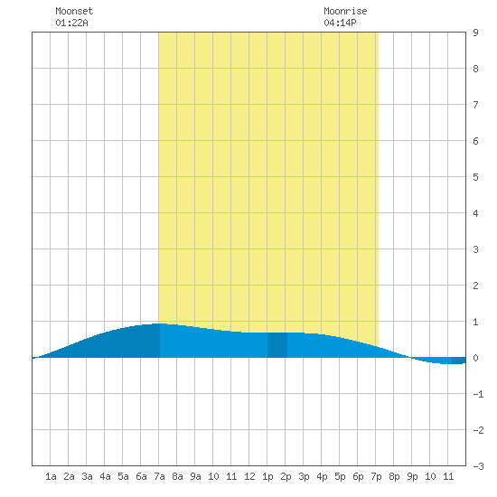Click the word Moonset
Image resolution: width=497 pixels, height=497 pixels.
(x=74, y=11)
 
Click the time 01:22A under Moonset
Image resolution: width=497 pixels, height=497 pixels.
(x=71, y=23)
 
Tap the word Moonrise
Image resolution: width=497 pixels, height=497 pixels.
(x=345, y=11)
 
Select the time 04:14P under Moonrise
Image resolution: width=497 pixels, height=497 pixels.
(x=340, y=23)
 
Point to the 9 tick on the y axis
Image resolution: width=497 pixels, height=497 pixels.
(x=475, y=33)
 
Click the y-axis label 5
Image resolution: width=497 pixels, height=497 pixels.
(x=475, y=177)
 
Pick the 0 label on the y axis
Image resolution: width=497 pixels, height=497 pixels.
(x=475, y=358)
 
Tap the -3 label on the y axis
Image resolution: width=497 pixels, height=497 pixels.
(x=479, y=466)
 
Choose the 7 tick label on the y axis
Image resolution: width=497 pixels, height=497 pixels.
(x=475, y=105)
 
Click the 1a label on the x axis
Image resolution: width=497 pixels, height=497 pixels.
(x=51, y=476)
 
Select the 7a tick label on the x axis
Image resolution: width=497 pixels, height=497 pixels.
(x=159, y=476)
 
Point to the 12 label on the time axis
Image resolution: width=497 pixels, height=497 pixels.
(x=249, y=476)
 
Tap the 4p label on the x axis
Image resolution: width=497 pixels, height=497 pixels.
(x=322, y=476)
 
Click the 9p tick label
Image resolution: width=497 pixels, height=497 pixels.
(x=412, y=476)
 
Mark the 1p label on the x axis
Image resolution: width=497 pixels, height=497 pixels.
(x=267, y=476)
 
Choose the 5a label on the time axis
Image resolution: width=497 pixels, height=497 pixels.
(x=123, y=476)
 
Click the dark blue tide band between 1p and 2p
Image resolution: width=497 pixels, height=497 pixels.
(x=277, y=345)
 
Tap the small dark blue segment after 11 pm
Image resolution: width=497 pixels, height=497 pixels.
(x=459, y=361)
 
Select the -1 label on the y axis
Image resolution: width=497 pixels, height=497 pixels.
(x=479, y=394)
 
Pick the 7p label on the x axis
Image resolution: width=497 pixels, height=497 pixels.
(x=376, y=476)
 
